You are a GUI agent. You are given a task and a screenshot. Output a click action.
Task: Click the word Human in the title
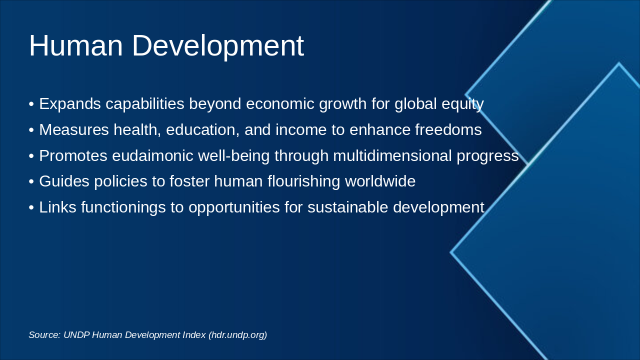pos(76,45)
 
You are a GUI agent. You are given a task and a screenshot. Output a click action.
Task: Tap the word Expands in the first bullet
pos(70,104)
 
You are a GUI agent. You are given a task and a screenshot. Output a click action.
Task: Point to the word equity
pos(462,104)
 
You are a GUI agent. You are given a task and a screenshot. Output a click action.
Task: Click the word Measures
pos(74,129)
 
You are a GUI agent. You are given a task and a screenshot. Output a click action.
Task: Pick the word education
pos(202,130)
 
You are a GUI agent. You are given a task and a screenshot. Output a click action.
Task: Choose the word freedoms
pos(448,129)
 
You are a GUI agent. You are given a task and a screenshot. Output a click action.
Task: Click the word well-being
pos(233,156)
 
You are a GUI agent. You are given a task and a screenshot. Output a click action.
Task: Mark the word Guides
pos(64,181)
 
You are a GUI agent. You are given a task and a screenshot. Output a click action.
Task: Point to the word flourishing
pos(303,181)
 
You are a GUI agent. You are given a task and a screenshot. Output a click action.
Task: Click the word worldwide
pos(380,181)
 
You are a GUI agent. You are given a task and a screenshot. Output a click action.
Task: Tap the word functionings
pos(123,207)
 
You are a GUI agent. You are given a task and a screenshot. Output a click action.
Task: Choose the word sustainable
pos(347,207)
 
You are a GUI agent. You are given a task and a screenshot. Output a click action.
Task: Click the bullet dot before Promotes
pos(31,156)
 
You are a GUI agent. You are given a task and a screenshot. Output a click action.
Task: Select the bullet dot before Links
pos(31,207)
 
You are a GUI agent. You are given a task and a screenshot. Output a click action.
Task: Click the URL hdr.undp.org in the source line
pos(237,335)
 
